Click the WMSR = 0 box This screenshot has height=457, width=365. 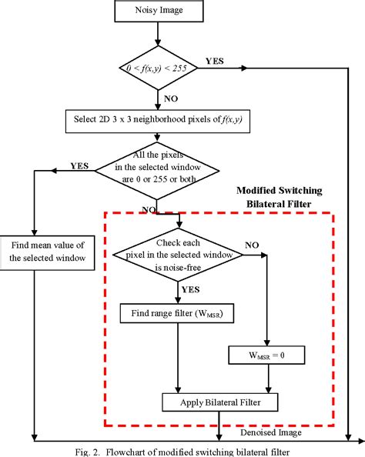click(x=266, y=355)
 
